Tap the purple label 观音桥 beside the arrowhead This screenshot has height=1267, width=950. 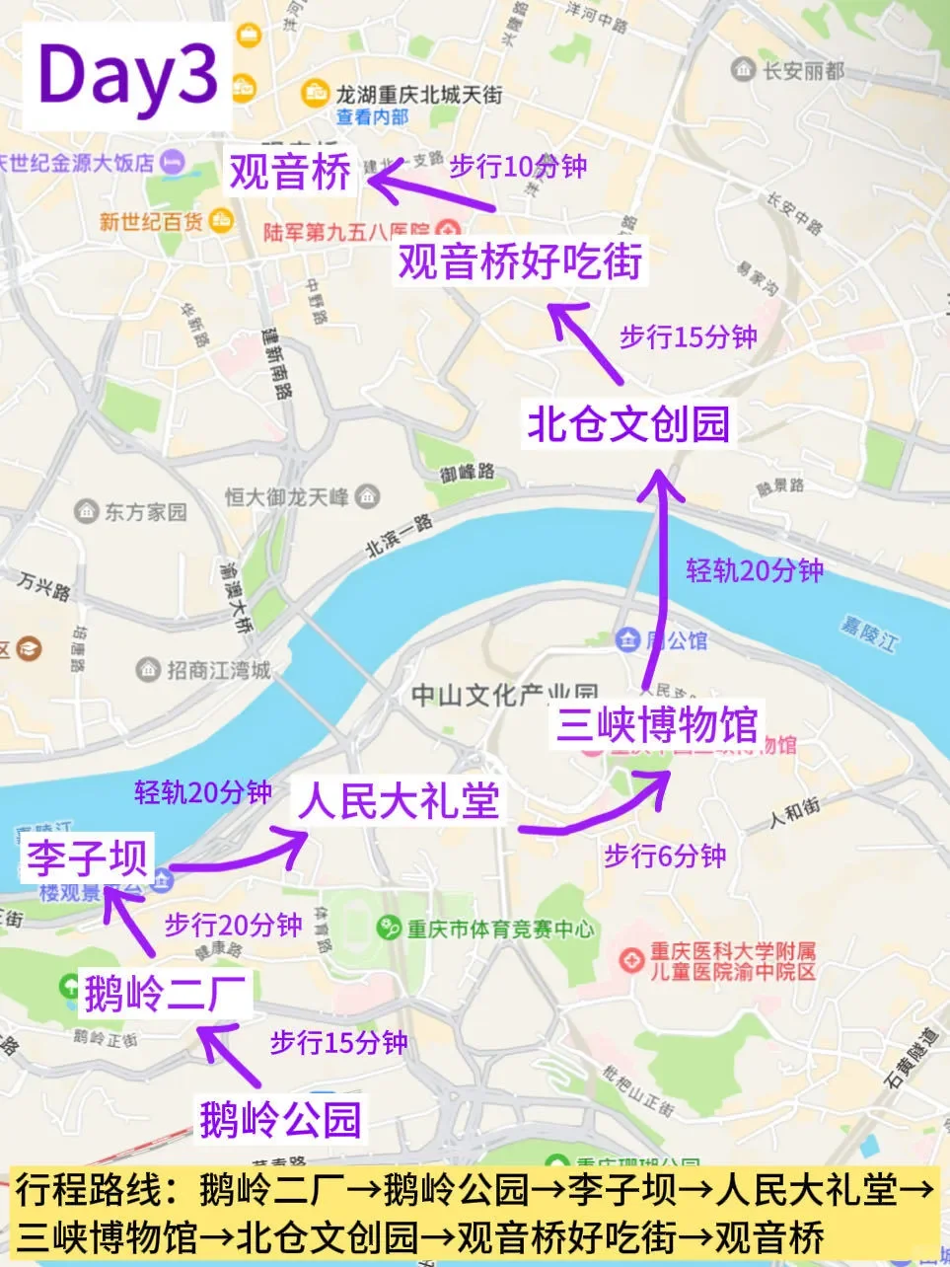coord(290,172)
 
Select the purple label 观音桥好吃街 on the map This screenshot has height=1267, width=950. coord(520,261)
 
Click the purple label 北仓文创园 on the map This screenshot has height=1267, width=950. coord(628,424)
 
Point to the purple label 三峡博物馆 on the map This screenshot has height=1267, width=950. coord(657,725)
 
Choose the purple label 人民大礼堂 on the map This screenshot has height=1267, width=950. coord(400,800)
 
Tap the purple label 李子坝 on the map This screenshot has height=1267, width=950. coord(87,857)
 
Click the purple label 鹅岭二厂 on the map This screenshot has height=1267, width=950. coord(165,993)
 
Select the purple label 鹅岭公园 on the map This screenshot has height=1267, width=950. coord(280,1120)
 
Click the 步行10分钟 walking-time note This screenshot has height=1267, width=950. coord(518,166)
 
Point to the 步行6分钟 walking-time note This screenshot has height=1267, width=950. coord(665,856)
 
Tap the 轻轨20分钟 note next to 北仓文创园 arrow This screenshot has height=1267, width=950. coord(755,570)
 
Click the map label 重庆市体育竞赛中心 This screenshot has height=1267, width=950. coord(500,929)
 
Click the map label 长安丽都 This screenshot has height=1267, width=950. coord(803,70)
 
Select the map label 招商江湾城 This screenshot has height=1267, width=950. coord(217,670)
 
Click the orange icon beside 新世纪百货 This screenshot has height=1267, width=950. coord(222,221)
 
